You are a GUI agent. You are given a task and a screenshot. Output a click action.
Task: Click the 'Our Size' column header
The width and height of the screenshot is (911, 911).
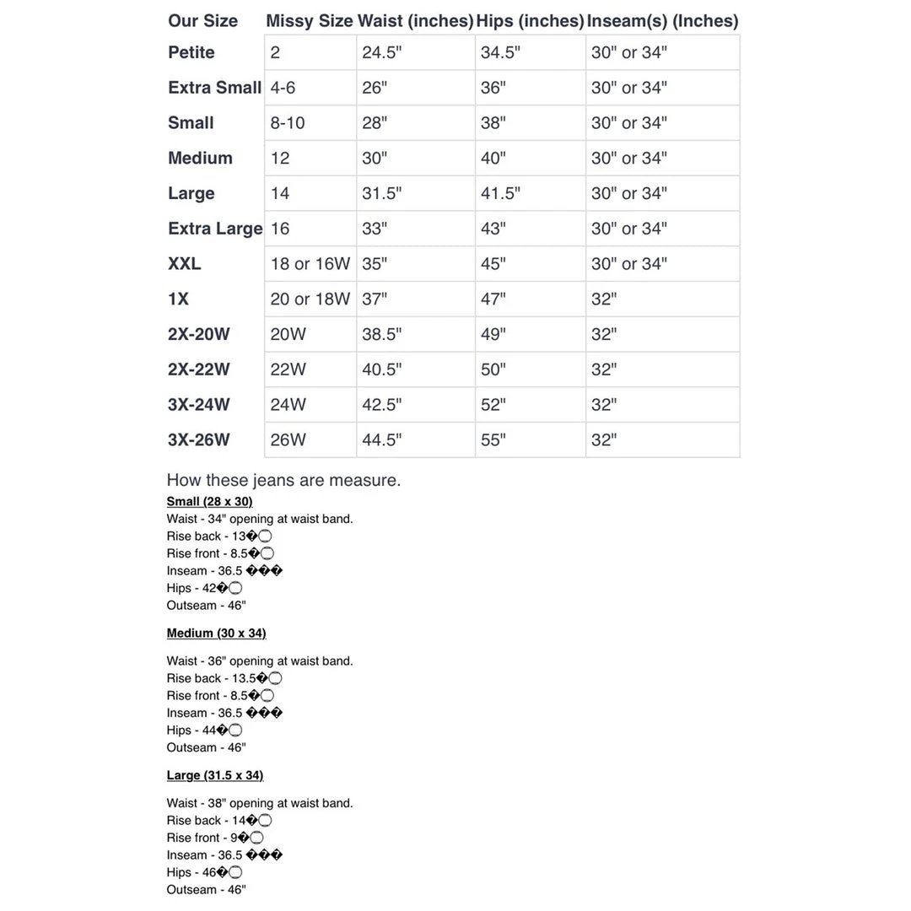click(202, 21)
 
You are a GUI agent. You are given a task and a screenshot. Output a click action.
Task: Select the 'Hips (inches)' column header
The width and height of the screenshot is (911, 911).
click(530, 21)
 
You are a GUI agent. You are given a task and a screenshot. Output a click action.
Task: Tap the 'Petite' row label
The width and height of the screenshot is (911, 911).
click(191, 52)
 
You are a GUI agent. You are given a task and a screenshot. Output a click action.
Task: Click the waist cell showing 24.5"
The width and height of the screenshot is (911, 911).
click(382, 52)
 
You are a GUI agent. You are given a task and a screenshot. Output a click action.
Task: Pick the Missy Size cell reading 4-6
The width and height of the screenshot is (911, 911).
click(283, 88)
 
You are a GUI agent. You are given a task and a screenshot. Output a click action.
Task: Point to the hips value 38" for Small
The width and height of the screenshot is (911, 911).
click(493, 123)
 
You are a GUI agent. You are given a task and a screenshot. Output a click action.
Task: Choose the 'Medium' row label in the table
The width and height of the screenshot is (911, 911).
click(200, 159)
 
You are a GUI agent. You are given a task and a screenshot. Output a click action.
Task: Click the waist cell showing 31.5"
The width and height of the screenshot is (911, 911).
click(382, 194)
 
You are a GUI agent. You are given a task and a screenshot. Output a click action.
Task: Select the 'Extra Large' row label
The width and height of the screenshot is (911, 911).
click(215, 229)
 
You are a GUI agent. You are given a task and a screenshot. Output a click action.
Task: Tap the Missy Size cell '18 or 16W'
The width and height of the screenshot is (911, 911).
click(310, 264)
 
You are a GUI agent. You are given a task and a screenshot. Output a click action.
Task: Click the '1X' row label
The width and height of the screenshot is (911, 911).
click(179, 299)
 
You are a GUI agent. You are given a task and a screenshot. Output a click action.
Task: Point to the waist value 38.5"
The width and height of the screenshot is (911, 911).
click(382, 335)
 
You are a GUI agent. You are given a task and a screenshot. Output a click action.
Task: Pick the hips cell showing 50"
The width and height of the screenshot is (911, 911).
click(493, 369)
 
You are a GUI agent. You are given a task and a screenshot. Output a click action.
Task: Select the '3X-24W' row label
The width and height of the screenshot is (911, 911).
click(198, 405)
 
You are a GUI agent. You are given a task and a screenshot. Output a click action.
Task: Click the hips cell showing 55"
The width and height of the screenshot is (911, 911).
click(493, 440)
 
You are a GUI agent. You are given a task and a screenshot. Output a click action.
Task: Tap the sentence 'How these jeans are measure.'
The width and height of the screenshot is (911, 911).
click(283, 481)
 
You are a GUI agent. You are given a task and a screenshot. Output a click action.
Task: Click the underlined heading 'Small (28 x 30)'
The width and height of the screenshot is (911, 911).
click(209, 502)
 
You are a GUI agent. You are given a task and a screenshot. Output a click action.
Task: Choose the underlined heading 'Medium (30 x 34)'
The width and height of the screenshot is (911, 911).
click(216, 633)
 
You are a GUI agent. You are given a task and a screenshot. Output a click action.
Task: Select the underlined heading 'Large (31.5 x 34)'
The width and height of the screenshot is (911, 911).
click(215, 775)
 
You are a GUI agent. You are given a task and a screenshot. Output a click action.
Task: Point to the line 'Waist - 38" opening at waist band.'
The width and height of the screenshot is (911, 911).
click(260, 804)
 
